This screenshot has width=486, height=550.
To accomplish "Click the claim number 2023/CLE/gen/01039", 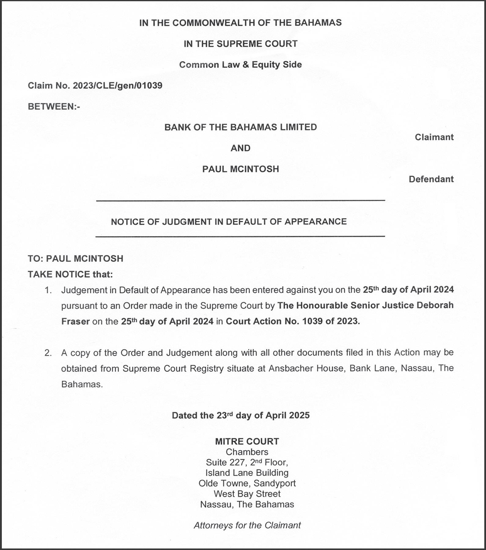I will (x=117, y=86).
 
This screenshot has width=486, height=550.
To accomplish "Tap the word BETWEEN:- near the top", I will (x=54, y=107).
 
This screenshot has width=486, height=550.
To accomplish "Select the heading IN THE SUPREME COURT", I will (x=241, y=44).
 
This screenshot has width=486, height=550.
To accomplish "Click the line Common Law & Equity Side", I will (x=241, y=65).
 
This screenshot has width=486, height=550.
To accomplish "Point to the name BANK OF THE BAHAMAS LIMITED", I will (x=241, y=127).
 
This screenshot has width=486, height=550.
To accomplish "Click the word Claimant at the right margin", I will (x=434, y=137).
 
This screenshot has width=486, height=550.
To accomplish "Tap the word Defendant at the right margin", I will (x=431, y=179).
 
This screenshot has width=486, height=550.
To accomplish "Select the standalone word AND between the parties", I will (x=241, y=148).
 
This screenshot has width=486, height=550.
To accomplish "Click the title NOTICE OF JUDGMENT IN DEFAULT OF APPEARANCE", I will (x=229, y=222).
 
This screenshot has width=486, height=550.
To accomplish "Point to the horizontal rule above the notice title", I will (x=241, y=200).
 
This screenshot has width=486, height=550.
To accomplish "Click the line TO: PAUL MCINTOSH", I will (x=75, y=258).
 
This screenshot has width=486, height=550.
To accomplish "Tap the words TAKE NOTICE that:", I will (x=70, y=274).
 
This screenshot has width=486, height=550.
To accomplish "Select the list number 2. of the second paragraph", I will (x=48, y=353).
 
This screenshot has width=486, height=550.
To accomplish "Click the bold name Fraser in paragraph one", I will (x=75, y=321).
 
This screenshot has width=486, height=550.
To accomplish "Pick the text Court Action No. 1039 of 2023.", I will (x=293, y=321).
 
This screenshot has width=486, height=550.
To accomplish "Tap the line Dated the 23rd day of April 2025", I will (x=241, y=416).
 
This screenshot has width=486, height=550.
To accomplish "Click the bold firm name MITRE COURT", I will (x=247, y=442).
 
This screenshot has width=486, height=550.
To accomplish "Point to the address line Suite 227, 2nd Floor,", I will (x=247, y=462).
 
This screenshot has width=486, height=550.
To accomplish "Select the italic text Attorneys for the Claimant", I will (x=247, y=525).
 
